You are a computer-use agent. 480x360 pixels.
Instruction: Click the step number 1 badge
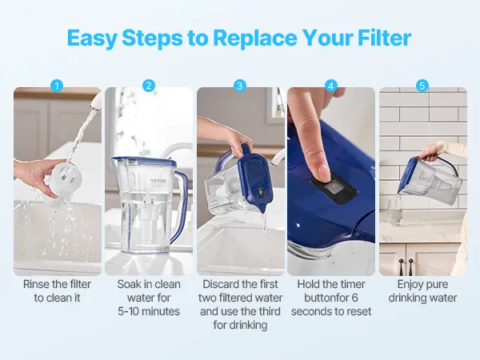click(57, 86)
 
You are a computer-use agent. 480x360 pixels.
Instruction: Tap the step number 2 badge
click(149, 86)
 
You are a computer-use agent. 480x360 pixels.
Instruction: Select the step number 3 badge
click(240, 86)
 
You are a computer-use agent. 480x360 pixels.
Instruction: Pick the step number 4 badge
click(330, 86)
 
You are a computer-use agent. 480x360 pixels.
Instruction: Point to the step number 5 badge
click(422, 86)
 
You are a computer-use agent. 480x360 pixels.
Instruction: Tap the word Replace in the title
click(255, 38)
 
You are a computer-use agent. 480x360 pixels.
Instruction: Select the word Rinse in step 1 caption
click(36, 284)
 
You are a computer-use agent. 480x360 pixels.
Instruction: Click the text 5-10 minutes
click(149, 311)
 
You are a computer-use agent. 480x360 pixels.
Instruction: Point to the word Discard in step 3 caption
click(221, 284)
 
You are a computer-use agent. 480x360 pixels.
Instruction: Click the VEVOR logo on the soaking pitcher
click(158, 181)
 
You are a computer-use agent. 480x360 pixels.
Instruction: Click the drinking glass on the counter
click(394, 212)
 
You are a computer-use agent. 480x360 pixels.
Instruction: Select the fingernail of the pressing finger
click(323, 172)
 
